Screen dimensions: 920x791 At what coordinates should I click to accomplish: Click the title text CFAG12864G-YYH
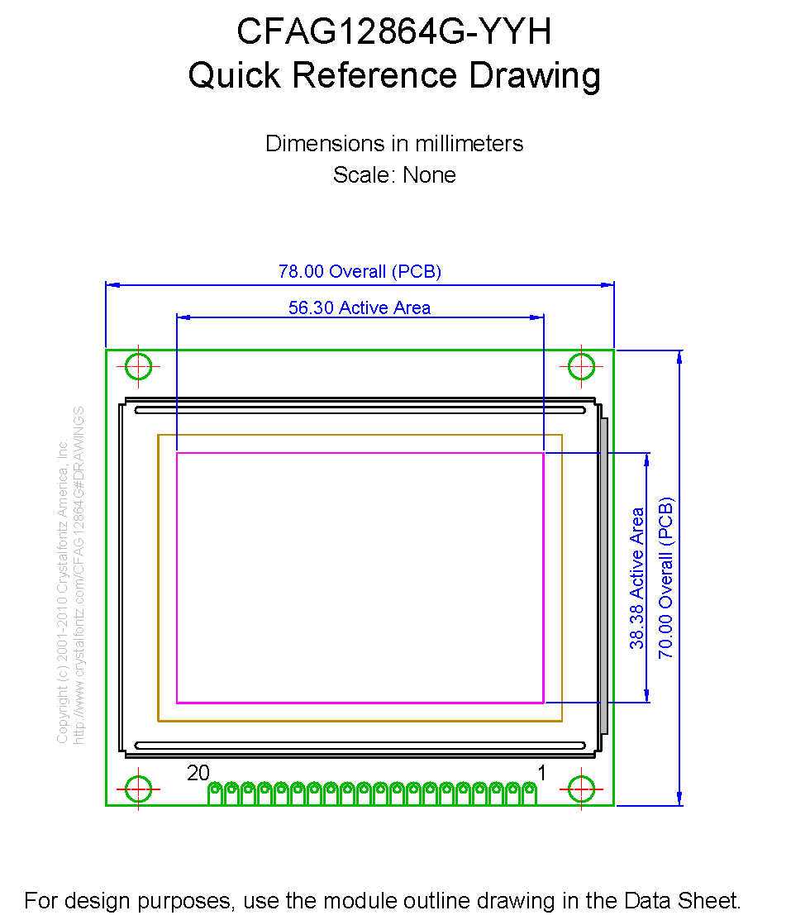(x=394, y=32)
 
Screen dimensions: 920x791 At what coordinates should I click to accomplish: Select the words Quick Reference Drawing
(x=394, y=75)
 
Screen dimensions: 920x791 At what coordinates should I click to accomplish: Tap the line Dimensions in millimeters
(x=394, y=143)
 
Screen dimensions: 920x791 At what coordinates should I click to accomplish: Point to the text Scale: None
(x=394, y=175)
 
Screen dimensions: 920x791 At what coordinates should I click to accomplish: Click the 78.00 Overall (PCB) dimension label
(x=360, y=271)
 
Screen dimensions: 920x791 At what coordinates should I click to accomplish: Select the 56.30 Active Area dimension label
(x=360, y=307)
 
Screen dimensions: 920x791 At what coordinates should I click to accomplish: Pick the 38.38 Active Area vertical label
(x=637, y=578)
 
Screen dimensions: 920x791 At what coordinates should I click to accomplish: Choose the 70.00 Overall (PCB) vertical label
(x=666, y=577)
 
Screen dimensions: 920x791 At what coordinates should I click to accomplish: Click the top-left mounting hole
(x=139, y=366)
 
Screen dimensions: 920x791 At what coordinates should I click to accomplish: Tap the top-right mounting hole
(x=582, y=366)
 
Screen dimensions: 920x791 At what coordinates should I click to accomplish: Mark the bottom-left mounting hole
(x=139, y=789)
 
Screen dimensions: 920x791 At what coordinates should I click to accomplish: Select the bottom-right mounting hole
(x=582, y=789)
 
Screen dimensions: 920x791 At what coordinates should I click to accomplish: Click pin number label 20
(x=198, y=773)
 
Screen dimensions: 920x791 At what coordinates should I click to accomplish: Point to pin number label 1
(x=542, y=773)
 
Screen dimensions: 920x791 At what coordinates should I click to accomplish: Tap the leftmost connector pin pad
(x=215, y=791)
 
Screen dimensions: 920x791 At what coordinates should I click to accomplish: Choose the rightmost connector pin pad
(x=529, y=791)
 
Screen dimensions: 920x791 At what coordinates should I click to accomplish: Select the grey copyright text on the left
(x=70, y=574)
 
